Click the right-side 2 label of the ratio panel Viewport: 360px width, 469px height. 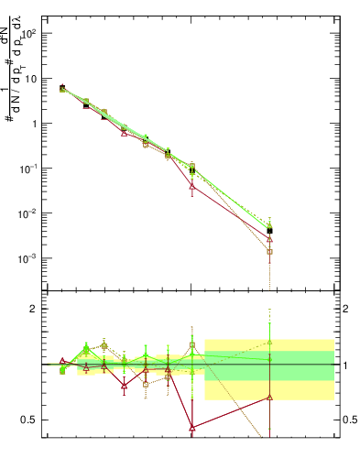coord(345,309)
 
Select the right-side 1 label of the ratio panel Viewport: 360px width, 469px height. coord(345,365)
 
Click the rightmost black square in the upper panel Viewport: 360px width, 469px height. coord(270,231)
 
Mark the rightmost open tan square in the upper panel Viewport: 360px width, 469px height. coord(270,251)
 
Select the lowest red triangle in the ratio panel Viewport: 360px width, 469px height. coord(191,427)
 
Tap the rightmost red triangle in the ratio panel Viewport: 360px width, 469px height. coord(270,397)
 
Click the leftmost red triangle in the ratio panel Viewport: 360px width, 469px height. coord(62,361)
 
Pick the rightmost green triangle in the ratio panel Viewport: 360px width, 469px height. coord(270,343)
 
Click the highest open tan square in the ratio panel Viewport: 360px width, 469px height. coord(104,346)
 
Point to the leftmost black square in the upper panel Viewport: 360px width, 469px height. coord(62,88)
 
